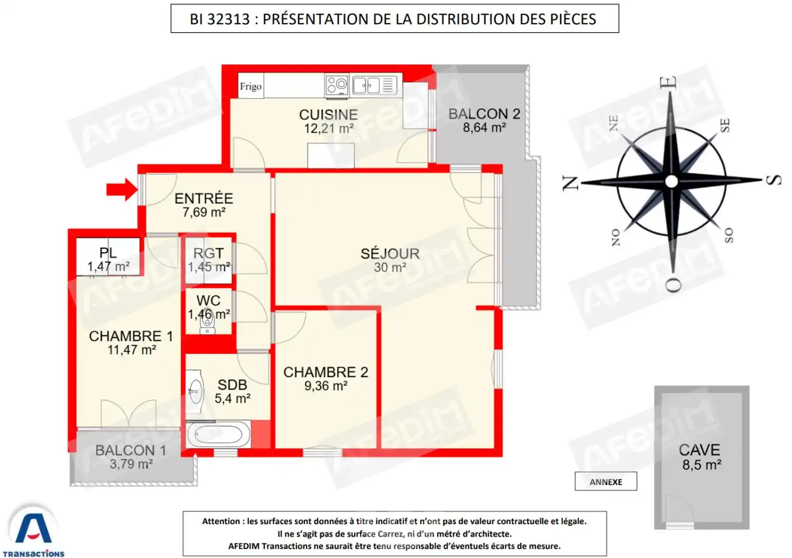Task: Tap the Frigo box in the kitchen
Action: [x=251, y=86]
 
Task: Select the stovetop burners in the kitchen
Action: [x=337, y=85]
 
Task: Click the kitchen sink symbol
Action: [x=367, y=85]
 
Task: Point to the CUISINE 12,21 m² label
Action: [x=329, y=122]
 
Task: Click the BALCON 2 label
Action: [x=484, y=120]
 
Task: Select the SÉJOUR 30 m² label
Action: [x=390, y=260]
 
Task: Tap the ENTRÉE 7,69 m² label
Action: [x=204, y=205]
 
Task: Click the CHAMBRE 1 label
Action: [x=131, y=343]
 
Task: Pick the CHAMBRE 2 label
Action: [x=325, y=378]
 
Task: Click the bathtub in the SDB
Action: [x=218, y=435]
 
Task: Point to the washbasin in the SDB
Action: [x=195, y=391]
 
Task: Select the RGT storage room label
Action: [x=209, y=259]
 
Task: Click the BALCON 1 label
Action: [x=131, y=457]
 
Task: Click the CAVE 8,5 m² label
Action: [x=700, y=457]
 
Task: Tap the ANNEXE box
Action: [x=606, y=482]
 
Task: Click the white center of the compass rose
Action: [x=672, y=181]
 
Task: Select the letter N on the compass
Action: [x=570, y=183]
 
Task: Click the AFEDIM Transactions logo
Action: [x=34, y=531]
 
